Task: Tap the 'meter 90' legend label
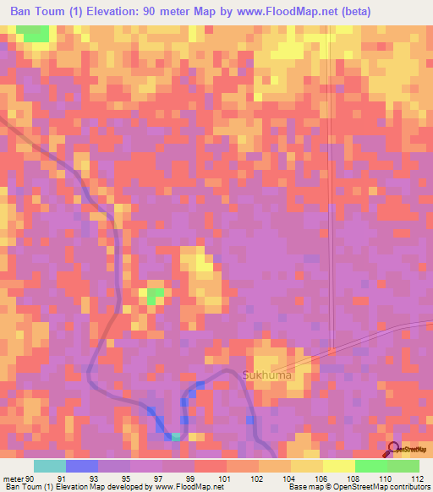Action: point(18,478)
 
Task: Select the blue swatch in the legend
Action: point(82,466)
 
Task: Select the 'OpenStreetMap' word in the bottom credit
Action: point(386,487)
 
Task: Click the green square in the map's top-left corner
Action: point(34,33)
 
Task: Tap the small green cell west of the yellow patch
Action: point(155,296)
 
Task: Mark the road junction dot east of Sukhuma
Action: point(332,351)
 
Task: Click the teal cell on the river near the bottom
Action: point(176,436)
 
